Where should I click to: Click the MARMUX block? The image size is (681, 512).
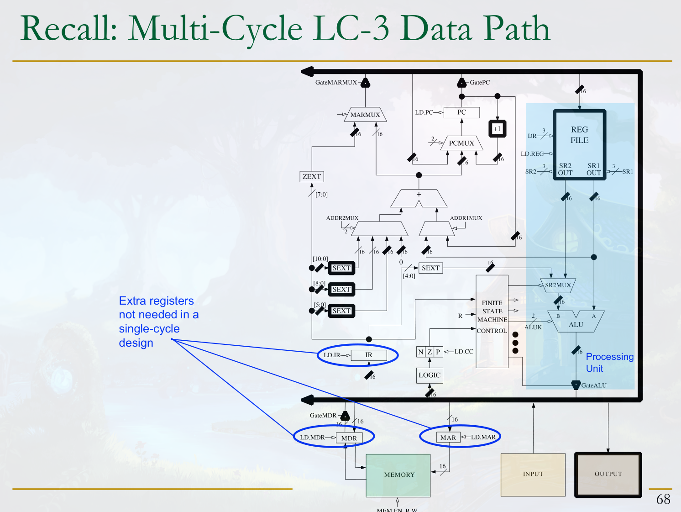365,115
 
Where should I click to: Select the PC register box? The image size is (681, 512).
461,112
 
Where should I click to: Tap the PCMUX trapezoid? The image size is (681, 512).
461,143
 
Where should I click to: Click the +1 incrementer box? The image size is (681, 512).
497,129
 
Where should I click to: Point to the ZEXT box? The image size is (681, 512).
312,177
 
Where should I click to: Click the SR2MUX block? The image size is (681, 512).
558,285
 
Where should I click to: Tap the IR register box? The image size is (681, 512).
369,355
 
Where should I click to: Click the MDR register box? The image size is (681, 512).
349,438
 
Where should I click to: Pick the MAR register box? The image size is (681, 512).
448,438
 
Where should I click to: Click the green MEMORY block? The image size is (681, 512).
398,475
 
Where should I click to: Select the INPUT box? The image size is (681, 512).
533,474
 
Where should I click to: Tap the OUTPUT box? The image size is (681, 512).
608,474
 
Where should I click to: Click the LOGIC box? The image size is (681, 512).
430,375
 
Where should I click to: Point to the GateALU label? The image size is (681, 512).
594,385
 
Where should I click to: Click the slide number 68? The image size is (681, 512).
663,499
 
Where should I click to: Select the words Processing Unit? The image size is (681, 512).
609,362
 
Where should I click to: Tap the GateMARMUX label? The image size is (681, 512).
336,83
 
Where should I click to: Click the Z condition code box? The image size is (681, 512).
430,352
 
